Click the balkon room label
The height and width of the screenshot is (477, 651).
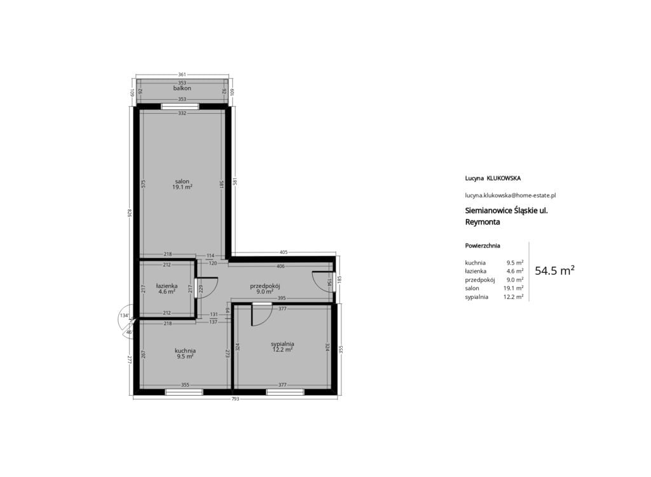(182, 88)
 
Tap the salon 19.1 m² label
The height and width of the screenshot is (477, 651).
(182, 184)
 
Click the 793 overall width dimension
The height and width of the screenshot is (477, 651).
(235, 399)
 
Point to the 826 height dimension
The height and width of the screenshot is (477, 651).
(130, 212)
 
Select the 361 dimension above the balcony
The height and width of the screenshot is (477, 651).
(182, 75)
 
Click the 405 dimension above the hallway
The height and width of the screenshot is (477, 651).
(284, 252)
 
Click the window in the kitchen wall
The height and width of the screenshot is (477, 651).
(184, 392)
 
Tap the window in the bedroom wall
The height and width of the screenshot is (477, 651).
(285, 392)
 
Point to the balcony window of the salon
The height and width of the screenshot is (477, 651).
(180, 106)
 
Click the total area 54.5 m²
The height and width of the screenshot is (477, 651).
(554, 271)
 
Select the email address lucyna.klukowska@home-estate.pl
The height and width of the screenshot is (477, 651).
(511, 195)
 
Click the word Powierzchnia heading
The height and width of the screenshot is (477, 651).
(483, 245)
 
